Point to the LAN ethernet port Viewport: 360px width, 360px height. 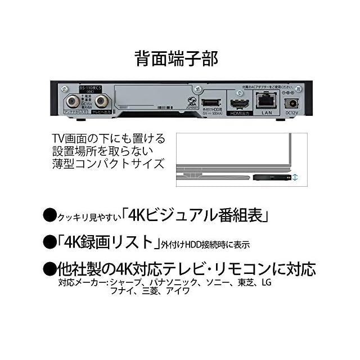pyautogui.click(x=266, y=101)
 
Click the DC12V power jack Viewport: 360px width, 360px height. pyautogui.click(x=292, y=102)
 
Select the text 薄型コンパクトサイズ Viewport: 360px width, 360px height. pyautogui.click(x=108, y=164)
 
